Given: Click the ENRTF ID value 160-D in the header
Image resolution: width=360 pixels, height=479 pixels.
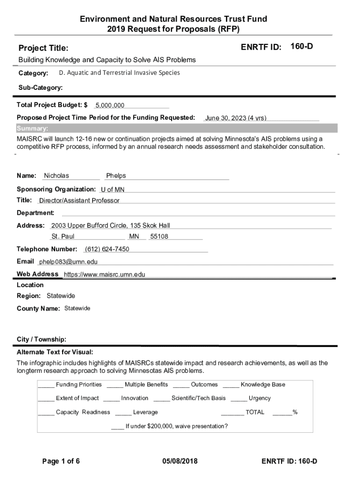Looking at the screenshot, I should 302,46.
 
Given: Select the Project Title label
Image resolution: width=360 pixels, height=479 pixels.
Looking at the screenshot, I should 43,48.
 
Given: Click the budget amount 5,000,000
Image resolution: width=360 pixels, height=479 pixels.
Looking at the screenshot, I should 110,106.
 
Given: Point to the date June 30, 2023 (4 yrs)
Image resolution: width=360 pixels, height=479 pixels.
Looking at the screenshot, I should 236,118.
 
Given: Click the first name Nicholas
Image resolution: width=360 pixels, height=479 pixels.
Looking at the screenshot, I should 56,176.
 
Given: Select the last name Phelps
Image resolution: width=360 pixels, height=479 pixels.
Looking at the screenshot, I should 116,176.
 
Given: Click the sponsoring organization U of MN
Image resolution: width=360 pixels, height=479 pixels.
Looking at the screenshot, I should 113,189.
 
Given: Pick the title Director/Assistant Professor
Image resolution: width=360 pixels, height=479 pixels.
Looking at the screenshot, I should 79,201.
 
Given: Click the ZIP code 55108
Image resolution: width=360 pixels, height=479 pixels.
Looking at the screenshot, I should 159,237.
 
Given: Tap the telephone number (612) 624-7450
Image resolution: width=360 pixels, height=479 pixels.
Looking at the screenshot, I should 107,249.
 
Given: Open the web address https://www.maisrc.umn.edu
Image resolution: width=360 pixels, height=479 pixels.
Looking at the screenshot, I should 105,275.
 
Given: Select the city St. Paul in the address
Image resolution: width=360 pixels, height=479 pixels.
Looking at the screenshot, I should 63,237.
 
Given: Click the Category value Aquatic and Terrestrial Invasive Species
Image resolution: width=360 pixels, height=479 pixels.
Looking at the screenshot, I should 119,73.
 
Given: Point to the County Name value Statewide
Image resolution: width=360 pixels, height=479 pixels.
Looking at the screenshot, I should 77,308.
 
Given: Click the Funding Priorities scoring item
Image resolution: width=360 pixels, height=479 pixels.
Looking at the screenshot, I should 79,385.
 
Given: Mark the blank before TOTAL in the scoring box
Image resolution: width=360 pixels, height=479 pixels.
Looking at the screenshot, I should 232,412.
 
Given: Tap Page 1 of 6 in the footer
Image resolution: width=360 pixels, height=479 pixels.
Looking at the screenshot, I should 61,461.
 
